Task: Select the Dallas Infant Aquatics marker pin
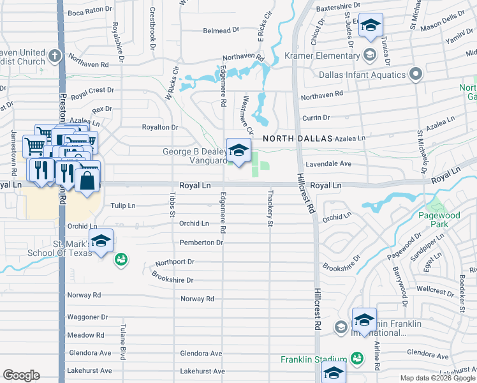415,75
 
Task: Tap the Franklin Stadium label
314,359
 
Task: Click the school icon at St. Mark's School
101,241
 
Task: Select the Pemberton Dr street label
201,243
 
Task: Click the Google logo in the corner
21,375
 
